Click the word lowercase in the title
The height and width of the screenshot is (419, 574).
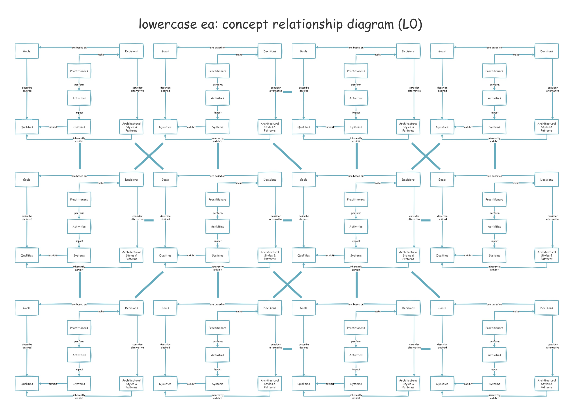(167, 25)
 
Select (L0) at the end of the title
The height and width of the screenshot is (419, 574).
(410, 25)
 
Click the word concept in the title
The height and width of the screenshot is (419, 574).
(245, 25)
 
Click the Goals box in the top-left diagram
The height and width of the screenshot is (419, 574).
(27, 51)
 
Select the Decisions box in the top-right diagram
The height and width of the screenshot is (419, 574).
(546, 51)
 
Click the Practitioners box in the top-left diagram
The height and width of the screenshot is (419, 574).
(79, 71)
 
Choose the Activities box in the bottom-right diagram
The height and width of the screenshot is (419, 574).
(494, 355)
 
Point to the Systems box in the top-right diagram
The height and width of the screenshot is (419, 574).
(494, 127)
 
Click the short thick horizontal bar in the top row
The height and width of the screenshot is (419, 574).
(287, 92)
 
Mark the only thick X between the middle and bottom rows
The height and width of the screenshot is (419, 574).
(287, 285)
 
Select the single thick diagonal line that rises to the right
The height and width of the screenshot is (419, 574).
(149, 285)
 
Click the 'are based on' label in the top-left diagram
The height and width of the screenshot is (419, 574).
(79, 48)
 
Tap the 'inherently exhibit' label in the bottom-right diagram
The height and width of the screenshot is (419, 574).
(494, 396)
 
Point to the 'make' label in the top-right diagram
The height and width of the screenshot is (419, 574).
(516, 55)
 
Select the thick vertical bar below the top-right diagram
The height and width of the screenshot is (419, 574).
(495, 156)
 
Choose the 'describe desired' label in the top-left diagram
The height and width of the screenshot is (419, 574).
(27, 89)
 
